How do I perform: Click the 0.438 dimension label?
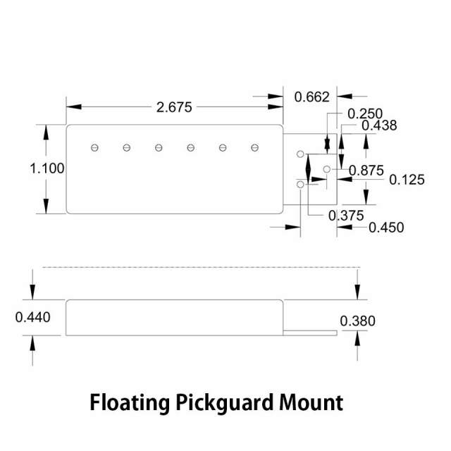pos(379,125)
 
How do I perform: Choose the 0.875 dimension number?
pos(366,169)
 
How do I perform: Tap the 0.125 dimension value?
pos(407,180)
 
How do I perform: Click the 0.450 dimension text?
pos(386,227)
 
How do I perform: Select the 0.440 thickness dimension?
pos(33,318)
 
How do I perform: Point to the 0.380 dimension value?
pos(358,321)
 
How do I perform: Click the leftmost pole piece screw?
pos(94,147)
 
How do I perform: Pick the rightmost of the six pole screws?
pos(254,147)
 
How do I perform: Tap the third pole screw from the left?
pos(159,147)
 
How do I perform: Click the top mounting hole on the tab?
pos(300,154)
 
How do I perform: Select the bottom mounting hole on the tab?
pos(300,184)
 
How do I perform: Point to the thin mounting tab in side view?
pos(310,331)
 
